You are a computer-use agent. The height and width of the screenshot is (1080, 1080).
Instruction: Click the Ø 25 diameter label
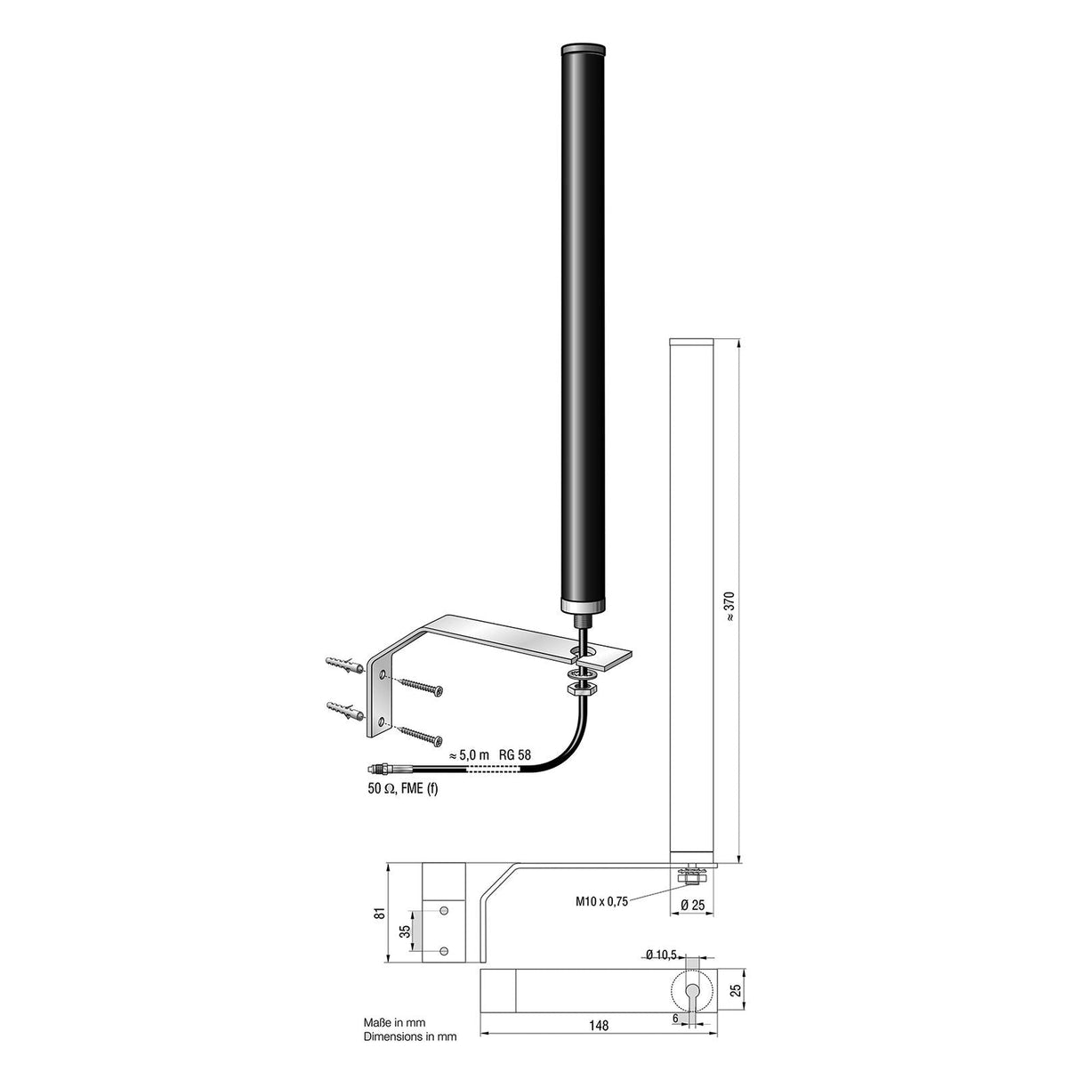coord(693,905)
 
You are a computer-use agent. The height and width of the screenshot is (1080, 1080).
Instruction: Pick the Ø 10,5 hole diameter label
coord(659,955)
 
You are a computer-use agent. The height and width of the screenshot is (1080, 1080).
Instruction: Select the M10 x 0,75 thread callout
coord(601,900)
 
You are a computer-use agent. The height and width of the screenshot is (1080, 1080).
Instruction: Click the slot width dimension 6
coord(676,1019)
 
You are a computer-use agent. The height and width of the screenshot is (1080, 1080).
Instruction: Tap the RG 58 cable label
coord(514,754)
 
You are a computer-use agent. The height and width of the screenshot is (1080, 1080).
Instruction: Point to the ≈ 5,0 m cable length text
coord(469,754)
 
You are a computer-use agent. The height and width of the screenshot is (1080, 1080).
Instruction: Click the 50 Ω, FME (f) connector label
coord(403,787)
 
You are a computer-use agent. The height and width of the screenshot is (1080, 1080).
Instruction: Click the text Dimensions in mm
coord(409,1036)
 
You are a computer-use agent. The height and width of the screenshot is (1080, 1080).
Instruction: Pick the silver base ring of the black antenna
coord(584,606)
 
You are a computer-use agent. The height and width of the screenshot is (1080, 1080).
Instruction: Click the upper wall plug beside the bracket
coord(345,665)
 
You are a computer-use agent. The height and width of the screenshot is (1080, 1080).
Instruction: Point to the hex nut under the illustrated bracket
coord(584,687)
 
